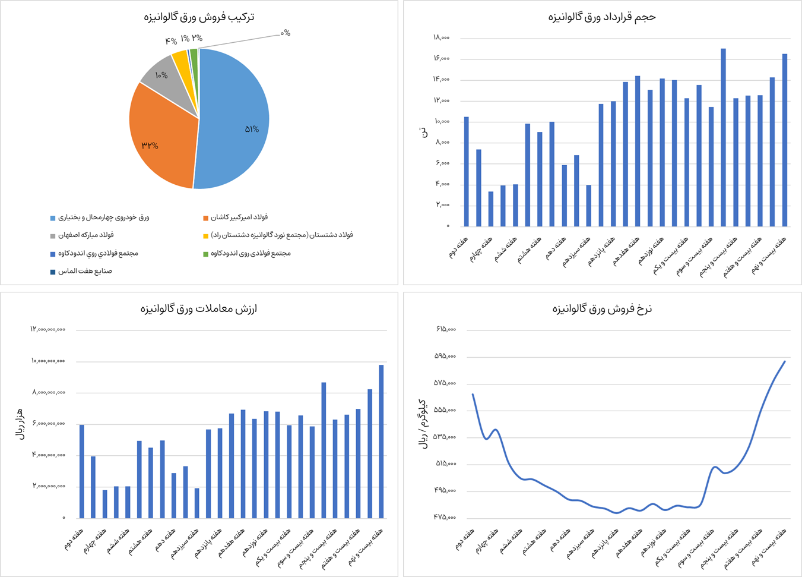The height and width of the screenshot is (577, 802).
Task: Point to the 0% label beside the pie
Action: pos(286,33)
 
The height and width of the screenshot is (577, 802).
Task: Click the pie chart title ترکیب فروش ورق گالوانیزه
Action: pos(199,17)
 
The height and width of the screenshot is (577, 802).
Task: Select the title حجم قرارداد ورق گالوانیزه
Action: pos(601,17)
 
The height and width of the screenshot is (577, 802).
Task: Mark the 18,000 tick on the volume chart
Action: pos(441,37)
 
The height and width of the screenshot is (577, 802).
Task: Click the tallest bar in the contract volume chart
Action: pos(723,137)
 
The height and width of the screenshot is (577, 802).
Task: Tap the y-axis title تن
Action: pos(423,132)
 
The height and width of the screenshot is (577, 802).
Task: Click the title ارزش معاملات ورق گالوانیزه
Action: pos(199,308)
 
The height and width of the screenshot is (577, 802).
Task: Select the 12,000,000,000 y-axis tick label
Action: pos(47,329)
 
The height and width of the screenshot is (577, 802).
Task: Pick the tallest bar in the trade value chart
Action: pos(381,441)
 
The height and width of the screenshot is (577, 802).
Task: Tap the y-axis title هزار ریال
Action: pos(20,424)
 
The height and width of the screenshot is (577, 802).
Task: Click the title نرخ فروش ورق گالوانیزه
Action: pos(601,308)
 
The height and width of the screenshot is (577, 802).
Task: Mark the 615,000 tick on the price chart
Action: pos(445,329)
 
